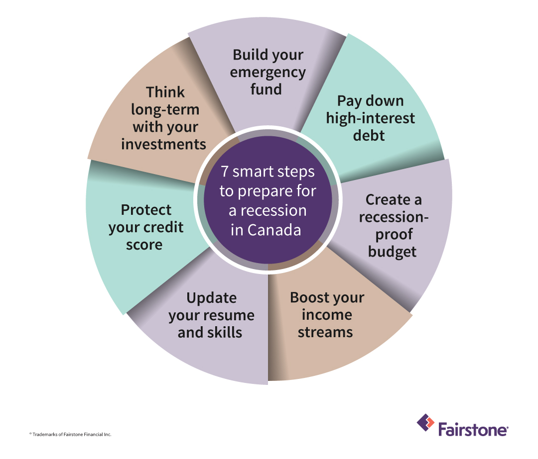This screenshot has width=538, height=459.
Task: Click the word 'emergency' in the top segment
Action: click(268, 72)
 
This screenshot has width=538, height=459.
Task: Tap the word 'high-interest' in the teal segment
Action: click(370, 118)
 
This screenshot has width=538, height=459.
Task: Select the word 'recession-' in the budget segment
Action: click(394, 217)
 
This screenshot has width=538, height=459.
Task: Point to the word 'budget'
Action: click(392, 252)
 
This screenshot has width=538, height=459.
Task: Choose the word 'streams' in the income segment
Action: click(325, 332)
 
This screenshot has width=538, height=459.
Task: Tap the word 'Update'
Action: click(211, 298)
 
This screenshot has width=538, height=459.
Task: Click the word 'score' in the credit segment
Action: click(144, 244)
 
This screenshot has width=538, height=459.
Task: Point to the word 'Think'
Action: click(165, 92)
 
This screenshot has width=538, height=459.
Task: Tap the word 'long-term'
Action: click(165, 109)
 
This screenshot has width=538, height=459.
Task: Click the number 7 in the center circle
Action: click(225, 172)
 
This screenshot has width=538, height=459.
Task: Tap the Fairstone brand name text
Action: click(473, 429)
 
